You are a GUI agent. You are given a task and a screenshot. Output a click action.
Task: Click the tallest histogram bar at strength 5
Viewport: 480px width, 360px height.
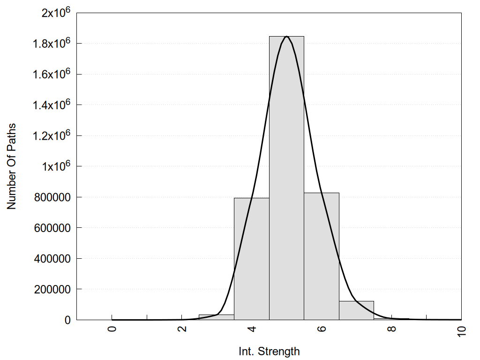286,178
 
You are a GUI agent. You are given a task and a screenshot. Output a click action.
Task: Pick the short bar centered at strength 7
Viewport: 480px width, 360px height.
356,310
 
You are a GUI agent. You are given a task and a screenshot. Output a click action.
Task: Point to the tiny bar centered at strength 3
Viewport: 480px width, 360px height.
216,317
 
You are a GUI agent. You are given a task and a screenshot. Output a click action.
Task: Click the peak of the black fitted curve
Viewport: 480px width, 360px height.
286,37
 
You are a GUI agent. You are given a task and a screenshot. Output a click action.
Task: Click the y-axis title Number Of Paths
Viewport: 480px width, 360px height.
11,166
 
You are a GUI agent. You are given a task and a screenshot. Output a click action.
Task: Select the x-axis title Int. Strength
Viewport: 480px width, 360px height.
269,351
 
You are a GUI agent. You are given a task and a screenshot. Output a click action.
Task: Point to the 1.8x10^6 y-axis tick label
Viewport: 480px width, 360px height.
52,43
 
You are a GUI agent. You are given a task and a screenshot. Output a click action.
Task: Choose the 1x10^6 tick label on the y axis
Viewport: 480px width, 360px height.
56,166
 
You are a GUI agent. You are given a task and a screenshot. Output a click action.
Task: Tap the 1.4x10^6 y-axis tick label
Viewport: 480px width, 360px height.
52,105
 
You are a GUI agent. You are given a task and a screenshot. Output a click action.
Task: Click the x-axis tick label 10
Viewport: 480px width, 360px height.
462,331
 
